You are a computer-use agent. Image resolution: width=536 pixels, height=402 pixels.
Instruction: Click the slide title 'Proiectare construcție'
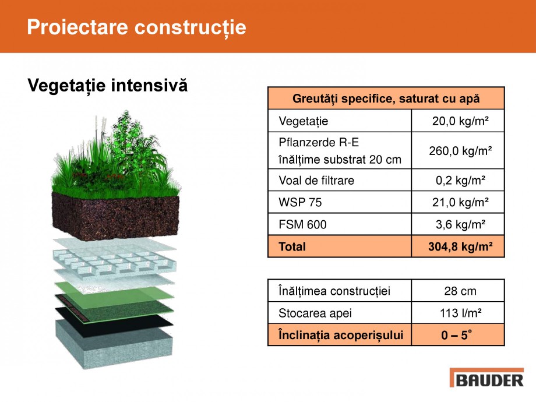(x=136, y=27)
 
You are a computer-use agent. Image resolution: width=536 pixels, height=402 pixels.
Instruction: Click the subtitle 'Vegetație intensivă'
(x=108, y=86)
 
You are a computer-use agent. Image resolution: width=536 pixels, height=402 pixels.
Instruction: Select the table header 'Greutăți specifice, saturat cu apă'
(x=386, y=98)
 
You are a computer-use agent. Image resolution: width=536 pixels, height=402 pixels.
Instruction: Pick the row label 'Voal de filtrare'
(x=316, y=181)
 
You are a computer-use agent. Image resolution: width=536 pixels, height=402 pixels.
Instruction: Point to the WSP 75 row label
(x=300, y=203)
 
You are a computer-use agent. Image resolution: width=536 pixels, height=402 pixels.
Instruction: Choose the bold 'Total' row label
(x=292, y=246)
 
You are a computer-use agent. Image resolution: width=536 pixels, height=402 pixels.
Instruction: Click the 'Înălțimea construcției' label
(x=334, y=291)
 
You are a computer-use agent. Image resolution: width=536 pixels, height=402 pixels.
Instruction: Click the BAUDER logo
(x=486, y=379)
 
